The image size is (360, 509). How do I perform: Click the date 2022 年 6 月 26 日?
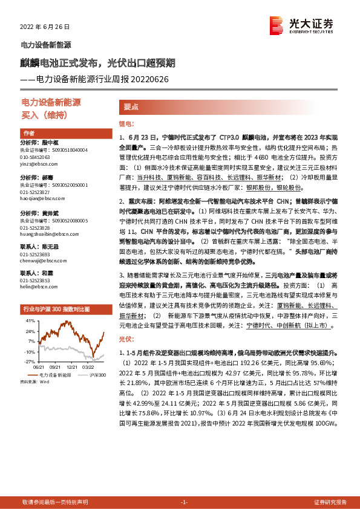(45, 28)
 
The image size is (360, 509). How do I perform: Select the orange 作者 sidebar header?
(29, 133)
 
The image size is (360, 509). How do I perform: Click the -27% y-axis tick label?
(29, 361)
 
